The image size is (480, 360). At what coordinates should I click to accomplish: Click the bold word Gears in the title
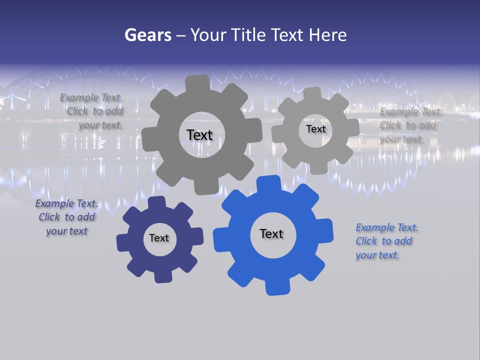tap(147, 35)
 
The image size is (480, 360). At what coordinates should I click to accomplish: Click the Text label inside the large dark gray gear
tap(199, 135)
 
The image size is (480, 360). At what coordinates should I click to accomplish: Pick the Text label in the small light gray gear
tap(315, 129)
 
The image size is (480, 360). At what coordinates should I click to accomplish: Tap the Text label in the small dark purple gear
tap(159, 238)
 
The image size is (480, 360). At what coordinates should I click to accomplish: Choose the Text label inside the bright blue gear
tap(271, 233)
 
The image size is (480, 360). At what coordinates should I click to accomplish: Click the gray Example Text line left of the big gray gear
tap(91, 98)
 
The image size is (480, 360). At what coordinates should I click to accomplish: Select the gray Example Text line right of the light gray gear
tap(411, 111)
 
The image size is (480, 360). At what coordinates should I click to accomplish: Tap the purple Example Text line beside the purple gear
tap(66, 203)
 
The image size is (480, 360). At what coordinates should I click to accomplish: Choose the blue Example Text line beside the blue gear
tap(387, 227)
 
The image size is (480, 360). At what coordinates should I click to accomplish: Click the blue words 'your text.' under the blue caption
tap(377, 255)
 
